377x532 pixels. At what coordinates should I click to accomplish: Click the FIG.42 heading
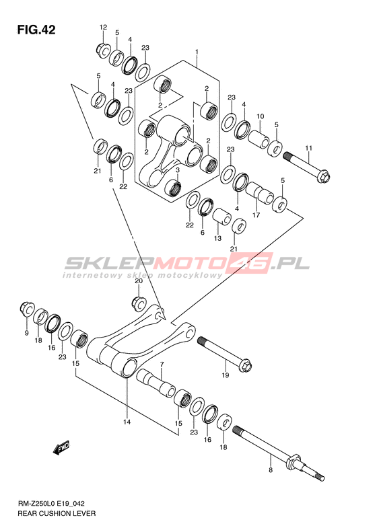tap(36, 30)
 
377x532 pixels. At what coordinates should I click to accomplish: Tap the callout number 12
tap(103, 27)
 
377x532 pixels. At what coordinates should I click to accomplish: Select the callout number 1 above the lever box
tap(197, 52)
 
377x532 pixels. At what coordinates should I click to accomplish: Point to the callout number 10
tap(260, 116)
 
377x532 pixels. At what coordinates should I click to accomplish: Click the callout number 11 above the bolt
tap(308, 148)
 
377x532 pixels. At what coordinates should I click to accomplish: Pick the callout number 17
tap(256, 215)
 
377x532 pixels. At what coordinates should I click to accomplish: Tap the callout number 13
tap(217, 239)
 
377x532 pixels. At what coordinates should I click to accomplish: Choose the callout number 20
tap(139, 281)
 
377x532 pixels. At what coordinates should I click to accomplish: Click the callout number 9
tap(26, 333)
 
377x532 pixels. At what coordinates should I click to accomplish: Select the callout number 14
tap(127, 422)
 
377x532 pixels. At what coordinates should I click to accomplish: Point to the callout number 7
tap(162, 365)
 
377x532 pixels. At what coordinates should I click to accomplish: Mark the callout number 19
tap(226, 375)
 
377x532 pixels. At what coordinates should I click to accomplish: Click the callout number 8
tap(271, 470)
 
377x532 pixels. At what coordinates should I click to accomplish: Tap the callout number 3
tap(177, 169)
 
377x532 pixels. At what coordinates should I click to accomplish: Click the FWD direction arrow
tap(61, 448)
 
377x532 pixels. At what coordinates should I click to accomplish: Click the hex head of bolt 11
tap(324, 177)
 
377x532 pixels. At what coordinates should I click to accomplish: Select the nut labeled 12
tap(102, 50)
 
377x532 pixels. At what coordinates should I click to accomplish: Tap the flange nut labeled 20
tap(139, 303)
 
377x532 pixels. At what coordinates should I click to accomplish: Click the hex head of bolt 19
tap(246, 366)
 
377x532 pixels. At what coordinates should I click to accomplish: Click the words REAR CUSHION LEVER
tap(57, 513)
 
